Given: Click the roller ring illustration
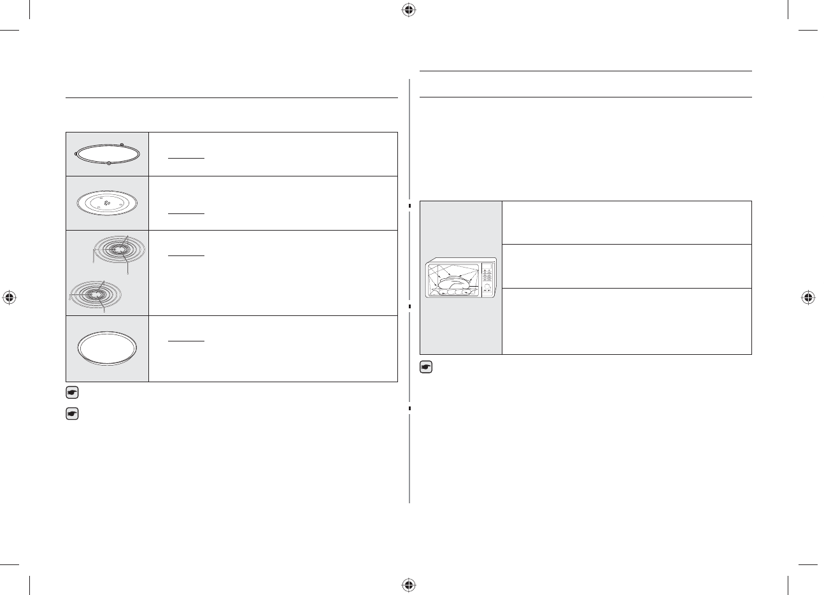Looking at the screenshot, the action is (x=107, y=154).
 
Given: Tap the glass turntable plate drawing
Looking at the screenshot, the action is (x=107, y=203).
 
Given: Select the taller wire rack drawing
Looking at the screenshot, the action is (x=119, y=251).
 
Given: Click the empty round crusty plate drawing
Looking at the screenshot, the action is (x=107, y=349).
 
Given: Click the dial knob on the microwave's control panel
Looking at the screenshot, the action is (x=488, y=287).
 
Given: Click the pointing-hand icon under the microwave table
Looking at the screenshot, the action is (x=427, y=368).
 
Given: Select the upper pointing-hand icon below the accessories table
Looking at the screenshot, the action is (x=72, y=393).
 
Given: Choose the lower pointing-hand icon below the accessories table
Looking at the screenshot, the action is (x=72, y=414).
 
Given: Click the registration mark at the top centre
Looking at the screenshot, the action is (x=409, y=10).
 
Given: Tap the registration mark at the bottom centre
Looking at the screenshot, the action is (x=409, y=584).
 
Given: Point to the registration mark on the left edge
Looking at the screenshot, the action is (x=9, y=297).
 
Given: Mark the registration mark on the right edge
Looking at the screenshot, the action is (x=808, y=297).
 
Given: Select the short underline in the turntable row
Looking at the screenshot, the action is (x=186, y=213).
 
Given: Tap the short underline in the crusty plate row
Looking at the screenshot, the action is (x=186, y=340).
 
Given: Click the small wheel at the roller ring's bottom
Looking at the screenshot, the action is (x=110, y=164).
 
